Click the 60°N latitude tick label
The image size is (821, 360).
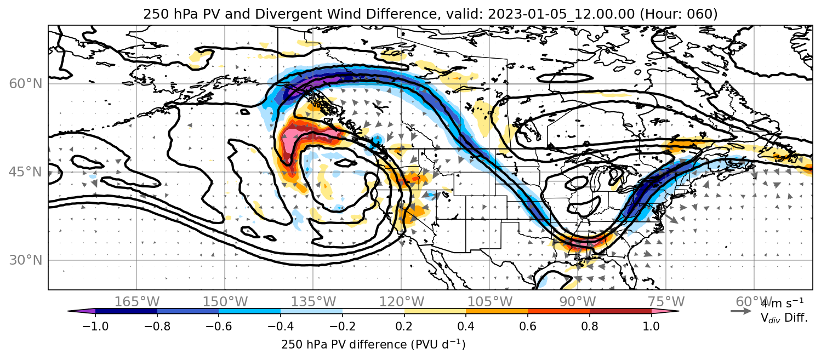coord(26,84)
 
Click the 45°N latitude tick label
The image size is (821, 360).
coord(26,172)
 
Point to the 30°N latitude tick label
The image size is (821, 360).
coord(26,260)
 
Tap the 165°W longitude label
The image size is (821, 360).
coord(137,302)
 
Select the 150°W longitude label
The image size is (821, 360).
coord(225,302)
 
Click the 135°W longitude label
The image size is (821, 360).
coord(313,302)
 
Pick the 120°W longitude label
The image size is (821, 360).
coord(401,302)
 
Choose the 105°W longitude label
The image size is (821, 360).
coord(489,302)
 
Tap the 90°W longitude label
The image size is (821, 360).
coord(578,302)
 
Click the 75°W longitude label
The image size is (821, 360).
coord(666,302)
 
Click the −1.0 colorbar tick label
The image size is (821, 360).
coord(95,326)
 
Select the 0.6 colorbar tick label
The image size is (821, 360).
coord(528,326)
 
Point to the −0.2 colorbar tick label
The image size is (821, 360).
coord(343,326)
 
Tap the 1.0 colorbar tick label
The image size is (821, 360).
coord(651,326)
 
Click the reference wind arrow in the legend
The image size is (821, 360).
coord(741,311)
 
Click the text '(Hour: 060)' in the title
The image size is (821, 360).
coord(679,14)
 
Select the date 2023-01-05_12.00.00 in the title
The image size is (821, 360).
coord(561,14)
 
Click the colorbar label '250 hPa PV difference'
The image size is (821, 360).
coord(344,345)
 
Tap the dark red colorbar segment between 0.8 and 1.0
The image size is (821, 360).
coord(620,311)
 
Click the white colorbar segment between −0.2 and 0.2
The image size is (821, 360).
coord(373,311)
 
